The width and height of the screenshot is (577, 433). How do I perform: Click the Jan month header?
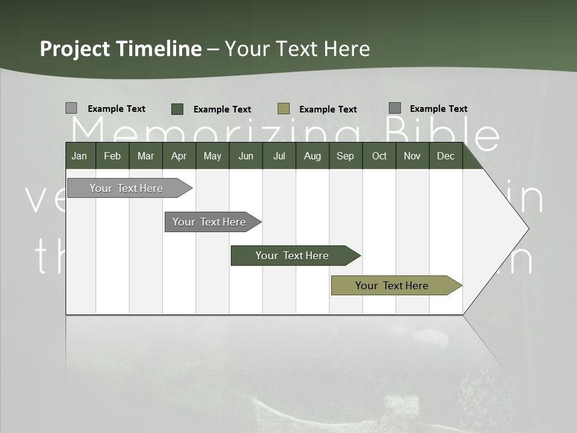point(79,156)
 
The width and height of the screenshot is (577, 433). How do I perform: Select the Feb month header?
point(112,156)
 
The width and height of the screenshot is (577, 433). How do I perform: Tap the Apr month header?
point(179,156)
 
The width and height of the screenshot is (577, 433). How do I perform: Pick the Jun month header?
point(246,156)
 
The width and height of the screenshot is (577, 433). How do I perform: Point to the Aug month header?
point(312,156)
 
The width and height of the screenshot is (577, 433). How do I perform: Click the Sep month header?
point(345,156)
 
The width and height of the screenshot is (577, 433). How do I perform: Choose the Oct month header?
point(379,156)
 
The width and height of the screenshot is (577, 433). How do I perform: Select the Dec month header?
point(445,156)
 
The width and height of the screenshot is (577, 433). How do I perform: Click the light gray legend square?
point(71,108)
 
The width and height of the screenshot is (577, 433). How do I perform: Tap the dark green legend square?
point(177,109)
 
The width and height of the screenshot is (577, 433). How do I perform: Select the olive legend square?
point(284,109)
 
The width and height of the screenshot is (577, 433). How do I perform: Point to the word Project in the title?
point(75,49)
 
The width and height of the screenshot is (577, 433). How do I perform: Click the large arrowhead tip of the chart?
point(524,228)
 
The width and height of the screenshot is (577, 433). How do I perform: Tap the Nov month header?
point(412,156)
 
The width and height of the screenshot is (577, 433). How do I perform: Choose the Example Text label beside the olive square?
point(328,109)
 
